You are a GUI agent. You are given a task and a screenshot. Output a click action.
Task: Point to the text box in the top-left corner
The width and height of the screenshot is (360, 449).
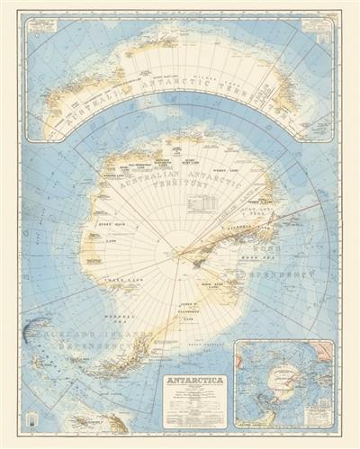(43, 28)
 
